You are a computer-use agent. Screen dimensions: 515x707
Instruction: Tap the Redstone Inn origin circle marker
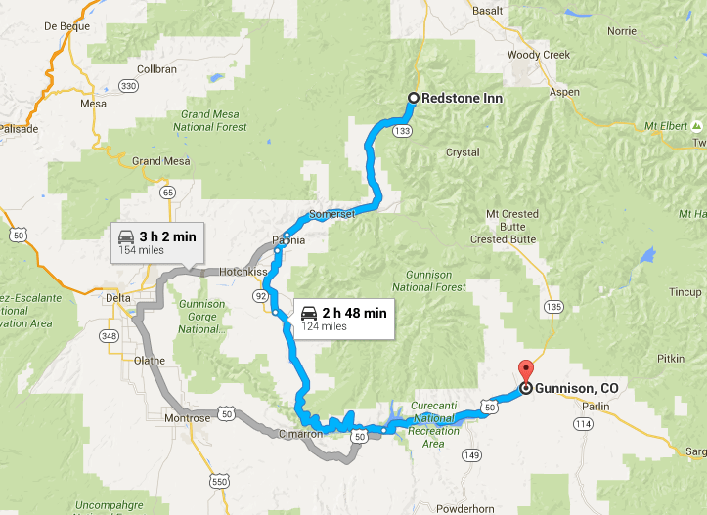[x=413, y=98]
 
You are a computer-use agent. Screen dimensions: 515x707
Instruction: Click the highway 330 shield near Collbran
[x=128, y=87]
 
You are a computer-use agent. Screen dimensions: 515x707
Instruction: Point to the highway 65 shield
[x=169, y=192]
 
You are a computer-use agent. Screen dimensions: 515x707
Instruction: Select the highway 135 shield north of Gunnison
[x=554, y=307]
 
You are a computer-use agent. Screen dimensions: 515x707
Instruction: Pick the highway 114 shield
[x=584, y=423]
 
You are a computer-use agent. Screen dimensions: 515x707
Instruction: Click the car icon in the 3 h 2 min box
[x=126, y=236]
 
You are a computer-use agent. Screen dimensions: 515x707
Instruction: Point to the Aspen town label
[x=564, y=92]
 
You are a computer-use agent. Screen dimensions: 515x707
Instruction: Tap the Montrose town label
[x=187, y=418]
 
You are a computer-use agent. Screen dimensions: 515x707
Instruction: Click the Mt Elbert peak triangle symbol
[x=696, y=127]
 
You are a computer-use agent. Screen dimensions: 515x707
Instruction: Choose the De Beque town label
[x=67, y=27]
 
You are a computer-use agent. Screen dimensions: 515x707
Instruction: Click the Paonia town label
[x=289, y=240]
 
